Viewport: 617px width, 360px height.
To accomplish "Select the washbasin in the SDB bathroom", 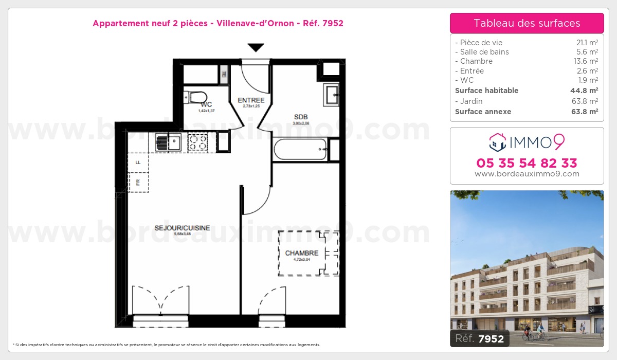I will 331,94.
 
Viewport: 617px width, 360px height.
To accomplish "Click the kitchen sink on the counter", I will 168,142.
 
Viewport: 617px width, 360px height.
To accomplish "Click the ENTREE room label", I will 251,100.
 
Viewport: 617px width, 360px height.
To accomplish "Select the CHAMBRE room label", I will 302,253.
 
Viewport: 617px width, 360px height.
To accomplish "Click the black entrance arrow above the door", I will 256,48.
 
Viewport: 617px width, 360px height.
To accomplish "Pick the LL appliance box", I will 138,162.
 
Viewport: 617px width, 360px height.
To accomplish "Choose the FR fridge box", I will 138,182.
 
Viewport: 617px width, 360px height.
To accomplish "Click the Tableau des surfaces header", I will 527,23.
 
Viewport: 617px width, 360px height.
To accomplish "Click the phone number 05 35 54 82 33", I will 527,164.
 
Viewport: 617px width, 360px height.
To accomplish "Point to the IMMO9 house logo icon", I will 497,142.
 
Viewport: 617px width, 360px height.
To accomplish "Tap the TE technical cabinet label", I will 224,74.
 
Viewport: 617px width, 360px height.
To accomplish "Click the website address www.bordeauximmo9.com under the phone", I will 527,174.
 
